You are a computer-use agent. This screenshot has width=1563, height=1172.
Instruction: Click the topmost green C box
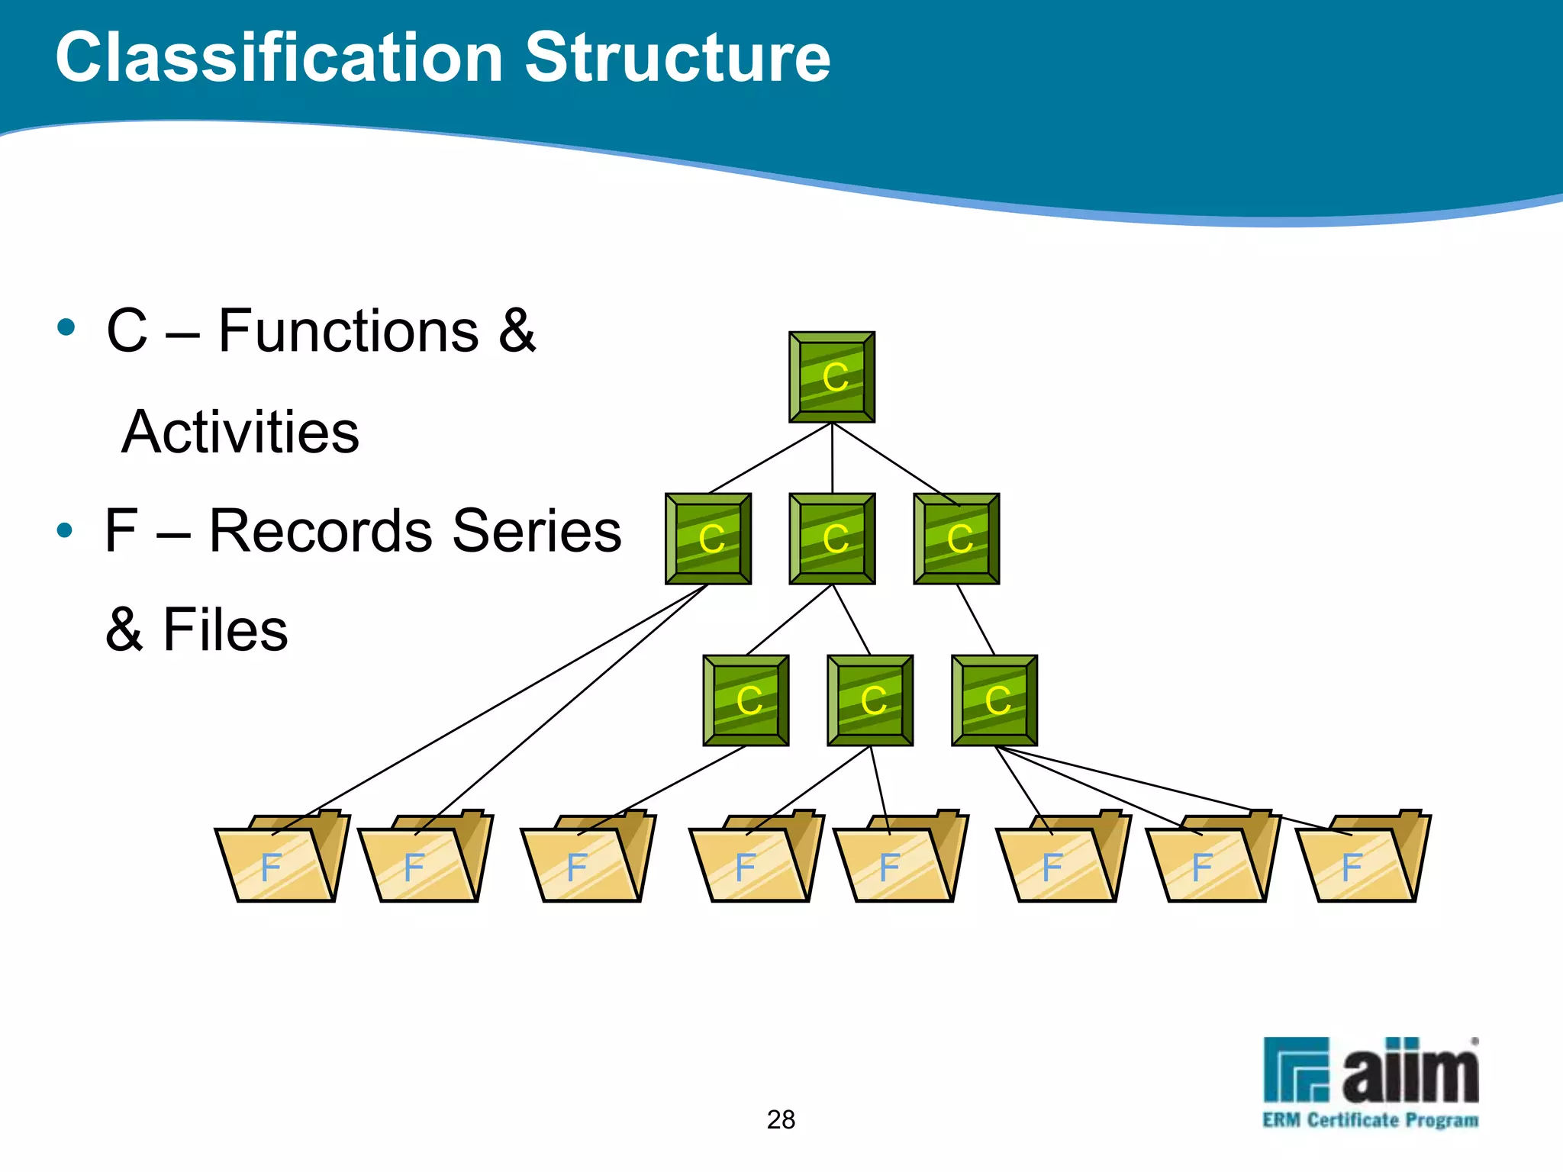(832, 377)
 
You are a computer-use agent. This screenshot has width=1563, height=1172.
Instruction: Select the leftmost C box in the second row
(708, 539)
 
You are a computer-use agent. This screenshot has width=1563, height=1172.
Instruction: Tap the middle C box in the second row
(832, 539)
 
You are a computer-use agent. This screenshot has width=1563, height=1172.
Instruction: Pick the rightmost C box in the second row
(956, 539)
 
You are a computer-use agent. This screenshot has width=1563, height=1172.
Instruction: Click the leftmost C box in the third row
(746, 700)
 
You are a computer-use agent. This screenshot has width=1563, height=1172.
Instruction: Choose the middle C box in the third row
(870, 700)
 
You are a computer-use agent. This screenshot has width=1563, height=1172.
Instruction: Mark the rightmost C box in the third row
(994, 700)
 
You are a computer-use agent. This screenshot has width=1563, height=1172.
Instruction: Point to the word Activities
(240, 432)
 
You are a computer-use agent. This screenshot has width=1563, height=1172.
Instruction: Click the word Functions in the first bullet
(349, 331)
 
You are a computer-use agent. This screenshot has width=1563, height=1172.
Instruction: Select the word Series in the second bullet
(537, 531)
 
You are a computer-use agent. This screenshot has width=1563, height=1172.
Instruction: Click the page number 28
(781, 1119)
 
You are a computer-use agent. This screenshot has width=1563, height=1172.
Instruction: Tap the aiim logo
(1371, 1070)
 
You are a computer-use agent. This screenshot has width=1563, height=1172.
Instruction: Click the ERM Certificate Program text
(1371, 1120)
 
